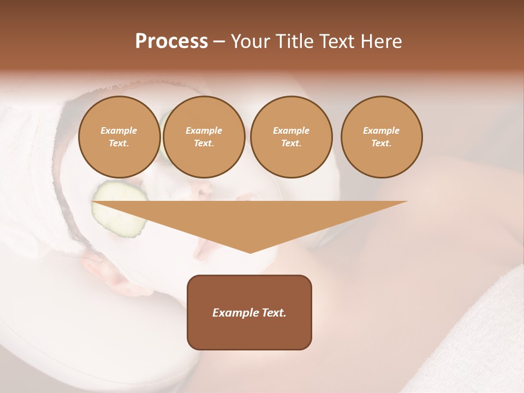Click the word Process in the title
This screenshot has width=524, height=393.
(x=171, y=41)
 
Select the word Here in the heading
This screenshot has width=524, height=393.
(x=380, y=41)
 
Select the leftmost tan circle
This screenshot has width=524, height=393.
(x=119, y=137)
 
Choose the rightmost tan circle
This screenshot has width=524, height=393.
(x=381, y=137)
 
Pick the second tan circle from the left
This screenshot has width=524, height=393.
(x=204, y=137)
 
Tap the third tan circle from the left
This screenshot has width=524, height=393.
(x=291, y=137)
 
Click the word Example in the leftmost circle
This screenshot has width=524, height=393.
(x=118, y=131)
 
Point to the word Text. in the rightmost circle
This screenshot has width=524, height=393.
(x=381, y=144)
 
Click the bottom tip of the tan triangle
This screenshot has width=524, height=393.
(x=250, y=252)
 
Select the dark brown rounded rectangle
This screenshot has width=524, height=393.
(x=249, y=312)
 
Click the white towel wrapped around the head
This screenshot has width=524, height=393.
(x=33, y=164)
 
